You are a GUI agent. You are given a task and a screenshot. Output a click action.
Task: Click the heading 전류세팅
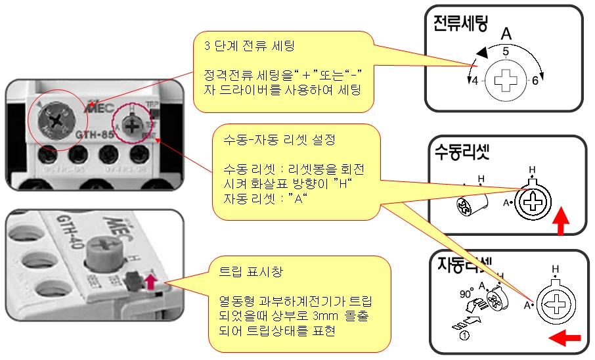click(x=460, y=24)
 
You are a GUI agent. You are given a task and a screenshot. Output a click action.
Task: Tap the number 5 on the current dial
click(x=505, y=51)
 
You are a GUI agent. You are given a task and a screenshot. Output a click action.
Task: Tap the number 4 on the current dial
click(x=475, y=80)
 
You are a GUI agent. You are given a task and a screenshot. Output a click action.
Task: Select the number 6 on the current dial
click(x=535, y=80)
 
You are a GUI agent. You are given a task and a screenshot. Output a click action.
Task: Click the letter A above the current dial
click(x=506, y=34)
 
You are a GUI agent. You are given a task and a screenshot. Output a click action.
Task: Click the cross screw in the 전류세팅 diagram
click(x=505, y=81)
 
